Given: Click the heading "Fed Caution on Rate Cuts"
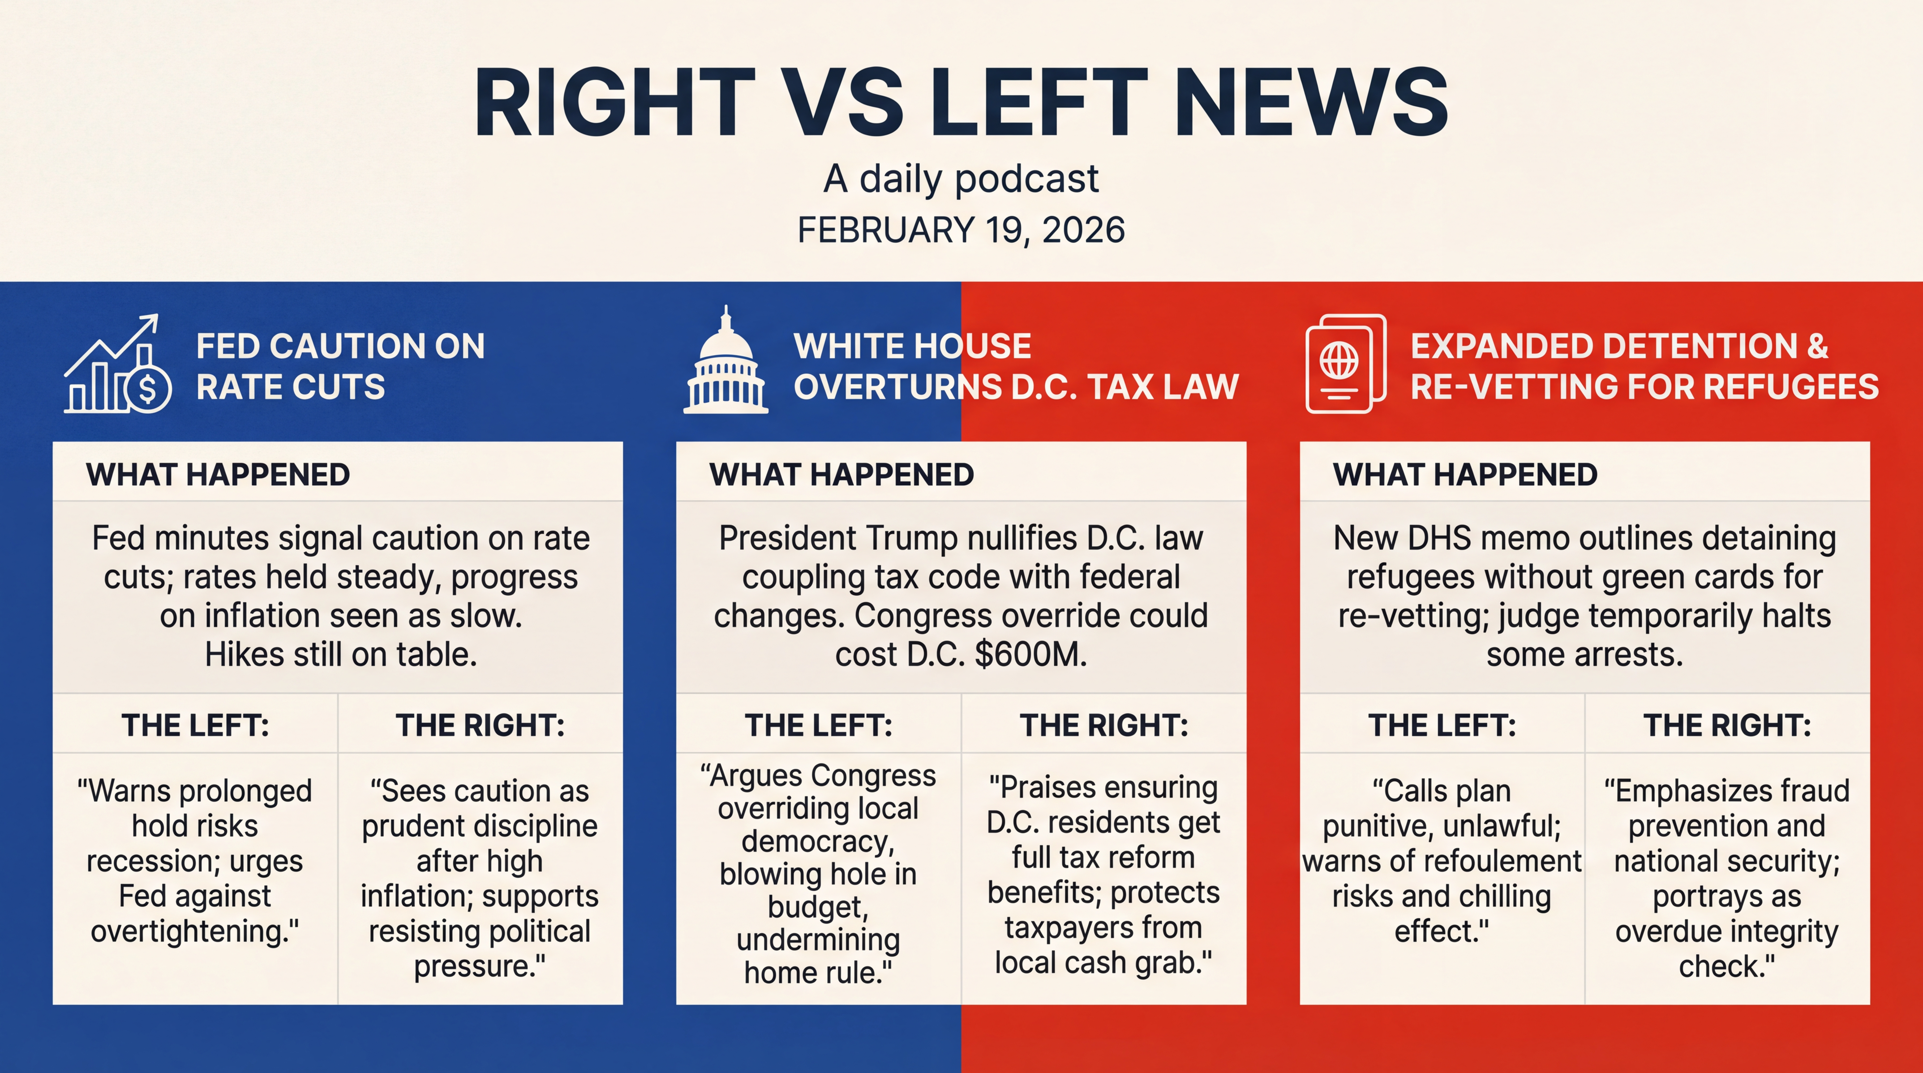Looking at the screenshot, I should click(340, 366).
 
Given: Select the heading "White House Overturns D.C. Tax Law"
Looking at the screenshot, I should click(1015, 366).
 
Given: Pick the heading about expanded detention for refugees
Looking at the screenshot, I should click(1644, 366).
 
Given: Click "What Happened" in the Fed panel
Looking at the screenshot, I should click(218, 475).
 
